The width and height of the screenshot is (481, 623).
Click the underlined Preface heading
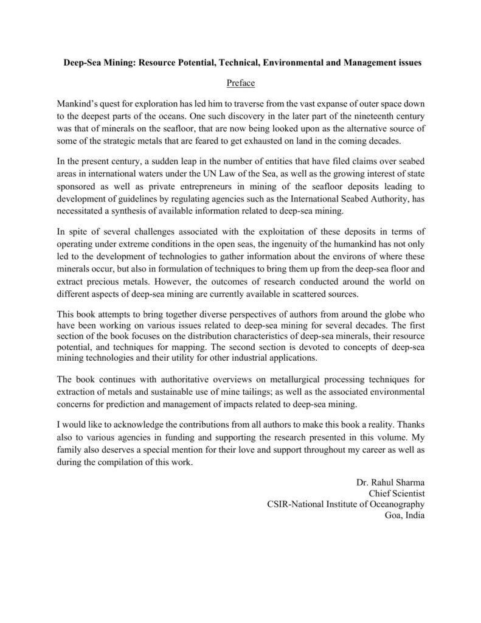[240, 82]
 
